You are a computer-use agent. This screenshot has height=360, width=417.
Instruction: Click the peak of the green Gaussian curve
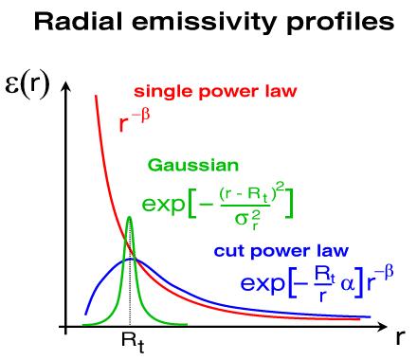130,219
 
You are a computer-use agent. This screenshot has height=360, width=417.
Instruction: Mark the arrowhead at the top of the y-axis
64,88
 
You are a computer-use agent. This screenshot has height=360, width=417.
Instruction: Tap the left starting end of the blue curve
84,313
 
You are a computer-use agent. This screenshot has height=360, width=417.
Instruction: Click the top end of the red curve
95,95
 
